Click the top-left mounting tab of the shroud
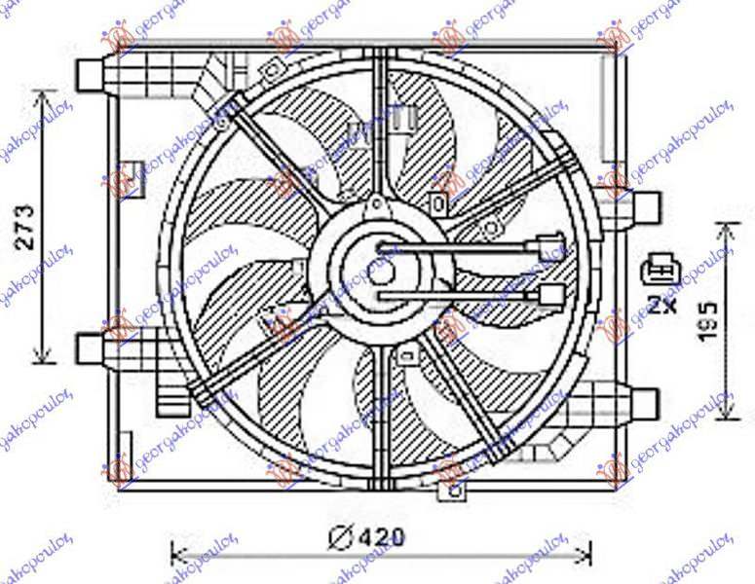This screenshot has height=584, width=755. tap(91, 73)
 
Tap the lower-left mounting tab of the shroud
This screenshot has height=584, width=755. tap(91, 347)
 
